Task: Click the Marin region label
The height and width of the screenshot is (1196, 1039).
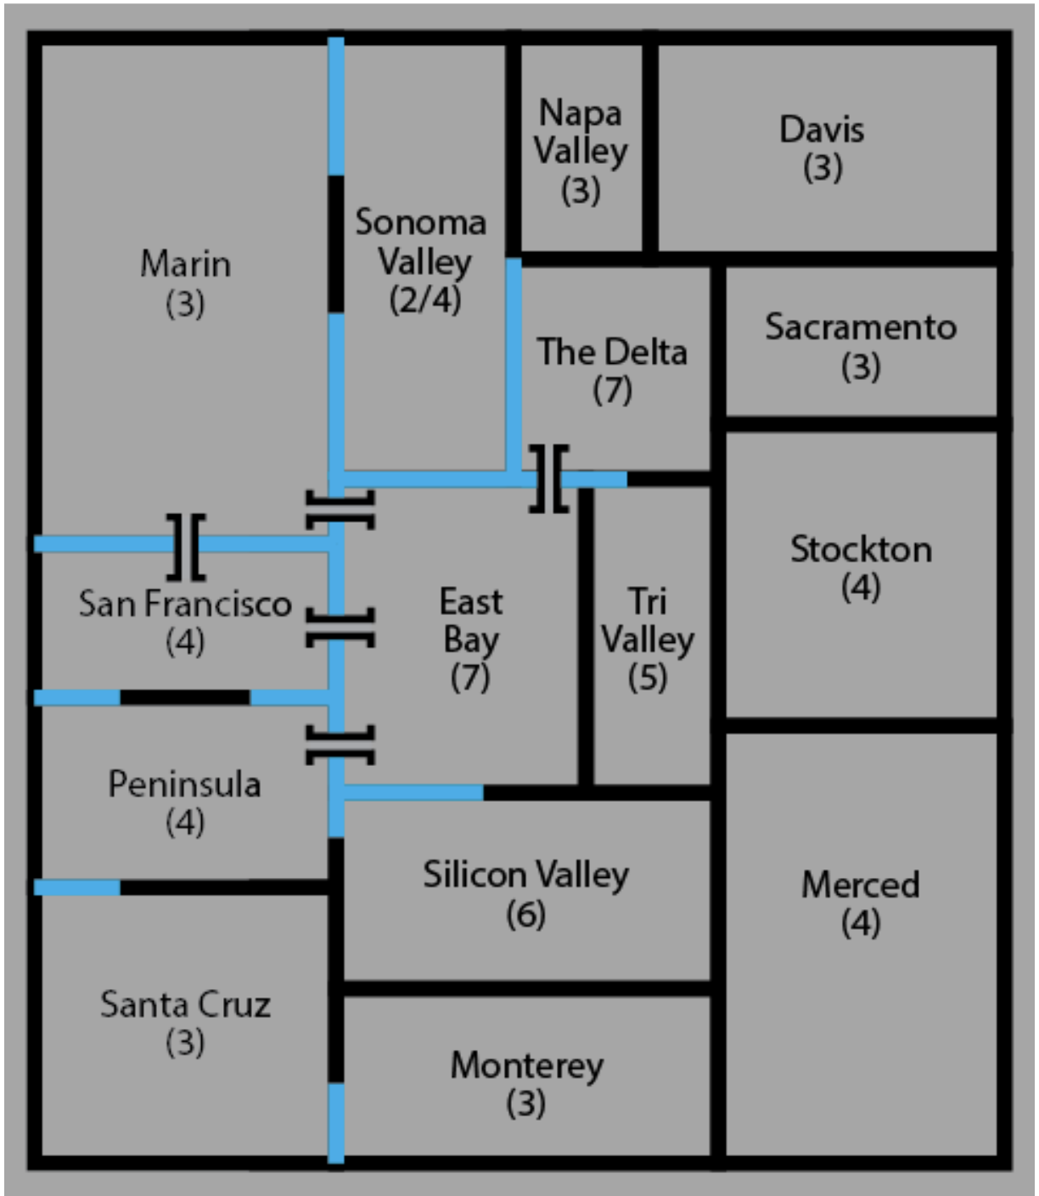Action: [x=185, y=264]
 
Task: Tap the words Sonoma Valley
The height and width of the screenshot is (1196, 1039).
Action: [x=422, y=242]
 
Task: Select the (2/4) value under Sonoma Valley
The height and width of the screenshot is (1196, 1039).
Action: [x=424, y=299]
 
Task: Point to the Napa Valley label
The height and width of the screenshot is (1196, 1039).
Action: [x=581, y=131]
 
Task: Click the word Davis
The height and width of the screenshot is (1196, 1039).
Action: [x=822, y=130]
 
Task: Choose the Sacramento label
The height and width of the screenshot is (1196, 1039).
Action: [x=861, y=327]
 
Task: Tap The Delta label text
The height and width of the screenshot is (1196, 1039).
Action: [x=612, y=352]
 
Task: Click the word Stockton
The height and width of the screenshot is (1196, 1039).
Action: [x=861, y=550]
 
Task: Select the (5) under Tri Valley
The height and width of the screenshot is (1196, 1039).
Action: [x=648, y=677]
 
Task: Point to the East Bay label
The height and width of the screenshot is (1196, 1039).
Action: [x=471, y=621]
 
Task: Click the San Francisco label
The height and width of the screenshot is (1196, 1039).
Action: [x=185, y=604]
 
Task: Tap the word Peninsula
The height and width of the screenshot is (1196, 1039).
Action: [x=184, y=784]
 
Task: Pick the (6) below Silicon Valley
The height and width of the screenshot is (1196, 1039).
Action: [x=525, y=914]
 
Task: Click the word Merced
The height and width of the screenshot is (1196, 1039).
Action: [x=861, y=885]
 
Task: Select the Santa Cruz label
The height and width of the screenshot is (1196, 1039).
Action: [x=185, y=1005]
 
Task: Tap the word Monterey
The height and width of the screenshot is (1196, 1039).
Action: [x=526, y=1065]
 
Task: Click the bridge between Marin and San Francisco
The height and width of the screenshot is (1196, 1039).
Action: [x=187, y=545]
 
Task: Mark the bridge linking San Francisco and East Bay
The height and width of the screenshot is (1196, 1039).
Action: [x=339, y=628]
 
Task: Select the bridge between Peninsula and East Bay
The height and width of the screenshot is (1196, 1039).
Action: [x=339, y=744]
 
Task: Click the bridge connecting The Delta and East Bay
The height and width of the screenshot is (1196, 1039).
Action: [x=549, y=478]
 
